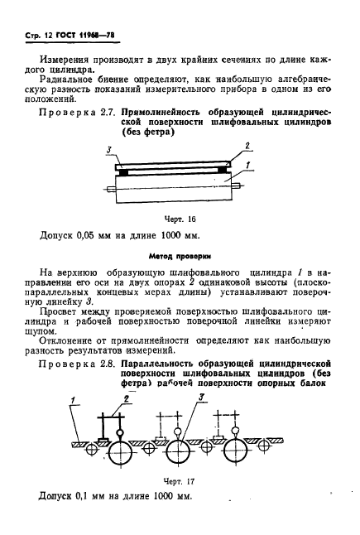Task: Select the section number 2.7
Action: click(102, 110)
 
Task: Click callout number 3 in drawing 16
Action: click(110, 148)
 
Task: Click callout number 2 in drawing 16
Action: click(246, 147)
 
